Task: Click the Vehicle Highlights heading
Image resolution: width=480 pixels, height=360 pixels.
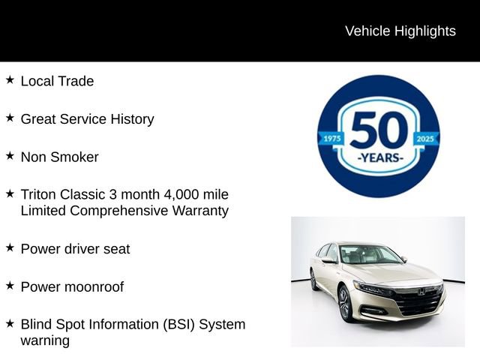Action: [400, 31]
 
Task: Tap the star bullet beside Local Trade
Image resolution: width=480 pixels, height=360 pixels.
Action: [10, 79]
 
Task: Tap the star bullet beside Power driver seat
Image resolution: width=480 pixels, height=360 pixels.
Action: [10, 247]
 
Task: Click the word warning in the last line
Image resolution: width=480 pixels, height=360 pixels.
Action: [45, 340]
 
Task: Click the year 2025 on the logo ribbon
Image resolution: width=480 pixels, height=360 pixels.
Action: [426, 139]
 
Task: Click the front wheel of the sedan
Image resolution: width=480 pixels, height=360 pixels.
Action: [346, 304]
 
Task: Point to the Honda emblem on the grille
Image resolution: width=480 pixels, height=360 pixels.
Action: [421, 291]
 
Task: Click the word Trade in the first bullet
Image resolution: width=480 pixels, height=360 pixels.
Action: [76, 81]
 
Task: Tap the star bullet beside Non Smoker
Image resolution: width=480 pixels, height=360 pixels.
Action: [10, 155]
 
